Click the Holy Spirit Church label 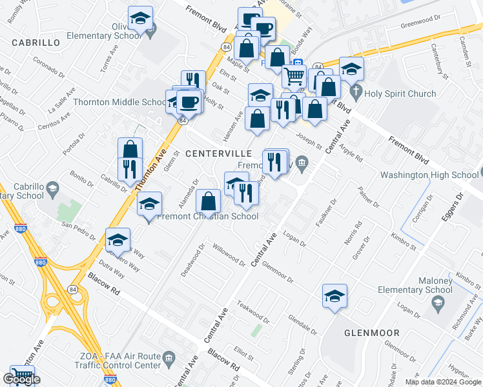(x=400, y=94)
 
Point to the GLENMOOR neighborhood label (x=371, y=333)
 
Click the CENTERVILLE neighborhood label (x=218, y=154)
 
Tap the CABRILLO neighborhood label (x=36, y=43)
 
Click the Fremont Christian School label (x=208, y=217)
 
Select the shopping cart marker (x=294, y=76)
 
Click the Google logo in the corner (x=21, y=379)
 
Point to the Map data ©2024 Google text (x=442, y=382)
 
